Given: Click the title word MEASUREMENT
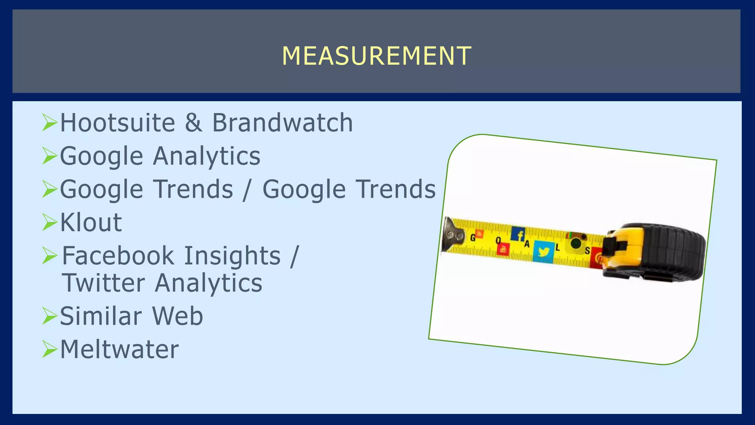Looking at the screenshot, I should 376,56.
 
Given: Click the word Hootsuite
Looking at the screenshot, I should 118,123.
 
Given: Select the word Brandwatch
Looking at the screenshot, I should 282,123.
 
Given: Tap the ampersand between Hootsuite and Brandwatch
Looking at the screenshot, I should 194,123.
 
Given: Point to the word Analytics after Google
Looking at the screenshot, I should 206,156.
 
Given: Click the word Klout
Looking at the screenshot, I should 91,222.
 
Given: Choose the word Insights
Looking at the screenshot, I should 232,256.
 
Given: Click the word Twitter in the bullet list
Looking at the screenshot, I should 104,283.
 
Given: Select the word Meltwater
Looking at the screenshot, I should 119,349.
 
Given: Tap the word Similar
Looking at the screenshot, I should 101,316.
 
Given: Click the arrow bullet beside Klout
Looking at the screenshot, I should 49,222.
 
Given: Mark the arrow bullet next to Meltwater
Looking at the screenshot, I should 49,349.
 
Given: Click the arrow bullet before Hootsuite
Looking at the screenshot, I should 49,122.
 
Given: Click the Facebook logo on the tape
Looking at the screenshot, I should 518,234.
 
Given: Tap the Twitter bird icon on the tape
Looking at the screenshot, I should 544,252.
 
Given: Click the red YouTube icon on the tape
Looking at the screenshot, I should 503,249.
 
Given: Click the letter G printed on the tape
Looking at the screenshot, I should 473,238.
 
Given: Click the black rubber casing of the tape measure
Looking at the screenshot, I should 667,251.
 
